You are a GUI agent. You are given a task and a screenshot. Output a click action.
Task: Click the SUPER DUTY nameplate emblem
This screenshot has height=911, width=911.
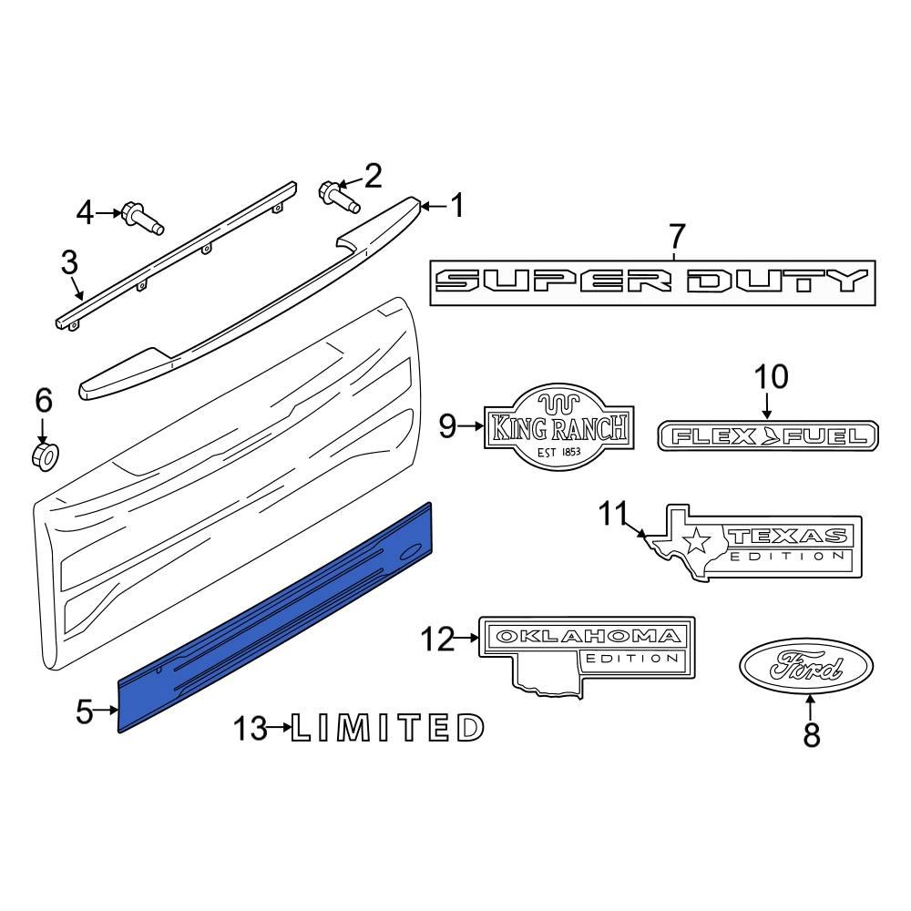pyautogui.click(x=652, y=282)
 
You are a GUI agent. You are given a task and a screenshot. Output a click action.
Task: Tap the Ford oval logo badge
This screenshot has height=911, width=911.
pyautogui.click(x=805, y=671)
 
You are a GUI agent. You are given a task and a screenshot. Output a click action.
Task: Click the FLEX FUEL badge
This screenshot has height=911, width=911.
pyautogui.click(x=768, y=436)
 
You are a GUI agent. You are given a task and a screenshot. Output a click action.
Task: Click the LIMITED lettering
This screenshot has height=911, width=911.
pyautogui.click(x=387, y=727)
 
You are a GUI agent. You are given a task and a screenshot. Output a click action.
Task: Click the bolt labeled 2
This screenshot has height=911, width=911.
pyautogui.click(x=334, y=194)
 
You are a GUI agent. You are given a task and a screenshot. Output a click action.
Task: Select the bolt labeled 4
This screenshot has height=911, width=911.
pyautogui.click(x=139, y=217)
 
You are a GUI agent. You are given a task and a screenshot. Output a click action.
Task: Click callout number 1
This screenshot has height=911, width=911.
pyautogui.click(x=457, y=206)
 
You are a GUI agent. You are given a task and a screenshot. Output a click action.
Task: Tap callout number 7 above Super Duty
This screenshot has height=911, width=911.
pyautogui.click(x=676, y=237)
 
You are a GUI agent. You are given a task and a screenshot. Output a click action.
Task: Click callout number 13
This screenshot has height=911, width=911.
pyautogui.click(x=250, y=728)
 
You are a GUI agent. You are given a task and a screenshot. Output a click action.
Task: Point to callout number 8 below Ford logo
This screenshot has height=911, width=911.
pyautogui.click(x=811, y=733)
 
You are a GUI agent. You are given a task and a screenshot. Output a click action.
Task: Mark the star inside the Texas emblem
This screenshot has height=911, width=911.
pyautogui.click(x=697, y=542)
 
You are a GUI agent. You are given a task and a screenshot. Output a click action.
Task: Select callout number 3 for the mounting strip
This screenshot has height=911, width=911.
pyautogui.click(x=70, y=263)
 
